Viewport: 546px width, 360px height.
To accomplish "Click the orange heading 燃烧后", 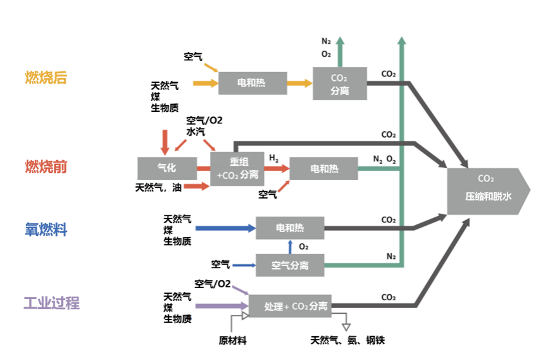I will [x=46, y=78].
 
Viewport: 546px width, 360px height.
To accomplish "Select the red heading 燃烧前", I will [x=46, y=167].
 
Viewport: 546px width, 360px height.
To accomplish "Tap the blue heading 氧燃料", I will [x=46, y=229].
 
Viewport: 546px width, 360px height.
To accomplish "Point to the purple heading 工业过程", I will [x=51, y=303].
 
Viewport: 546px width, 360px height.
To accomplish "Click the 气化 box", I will [x=166, y=168].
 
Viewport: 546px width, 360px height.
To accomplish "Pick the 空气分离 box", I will [x=290, y=265].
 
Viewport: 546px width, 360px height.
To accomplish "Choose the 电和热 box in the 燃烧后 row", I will [x=251, y=83].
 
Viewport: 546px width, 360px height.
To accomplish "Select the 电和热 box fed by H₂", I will [x=324, y=168].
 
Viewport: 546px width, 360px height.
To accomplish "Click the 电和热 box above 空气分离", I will [x=290, y=228].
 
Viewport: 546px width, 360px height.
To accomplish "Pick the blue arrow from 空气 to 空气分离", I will [x=244, y=265].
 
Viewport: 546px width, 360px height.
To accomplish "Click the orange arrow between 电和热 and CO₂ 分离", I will [x=299, y=83].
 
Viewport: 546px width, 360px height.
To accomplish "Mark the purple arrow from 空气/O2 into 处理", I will [x=241, y=291].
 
